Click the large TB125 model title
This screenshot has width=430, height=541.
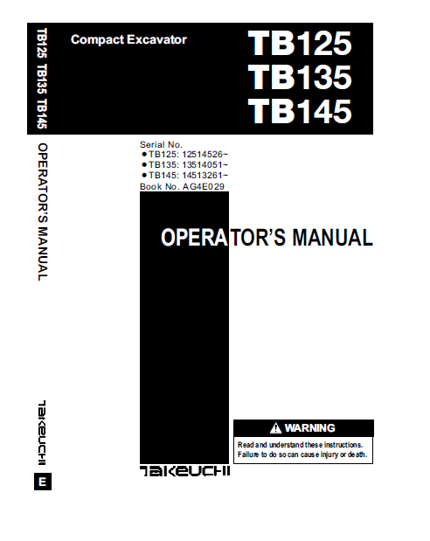pos(300,45)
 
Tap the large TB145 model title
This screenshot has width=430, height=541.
pos(300,112)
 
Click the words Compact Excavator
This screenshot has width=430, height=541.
pos(128,39)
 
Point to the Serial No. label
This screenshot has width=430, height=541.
pos(161,144)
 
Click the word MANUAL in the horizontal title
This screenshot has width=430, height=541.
pos(334,238)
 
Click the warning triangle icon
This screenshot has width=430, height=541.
pos(276,428)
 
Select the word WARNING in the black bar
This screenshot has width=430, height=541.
pos(309,428)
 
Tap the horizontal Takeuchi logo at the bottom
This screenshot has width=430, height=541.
pos(184,473)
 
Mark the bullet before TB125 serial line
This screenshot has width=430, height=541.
pos(144,155)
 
